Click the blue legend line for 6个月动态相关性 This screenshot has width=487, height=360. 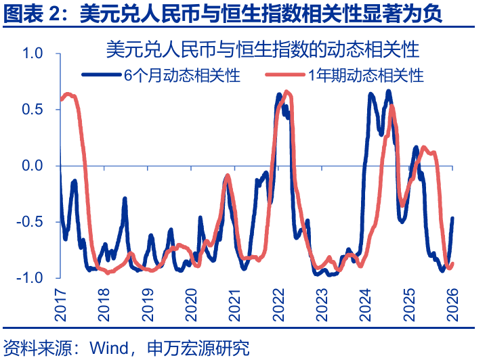(101, 74)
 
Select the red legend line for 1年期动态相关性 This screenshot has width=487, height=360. (285, 74)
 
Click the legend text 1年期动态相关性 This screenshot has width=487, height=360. (366, 75)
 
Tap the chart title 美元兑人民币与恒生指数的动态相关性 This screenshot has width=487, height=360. (263, 50)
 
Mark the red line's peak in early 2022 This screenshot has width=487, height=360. (287, 91)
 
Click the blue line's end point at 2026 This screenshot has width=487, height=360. (452, 218)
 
